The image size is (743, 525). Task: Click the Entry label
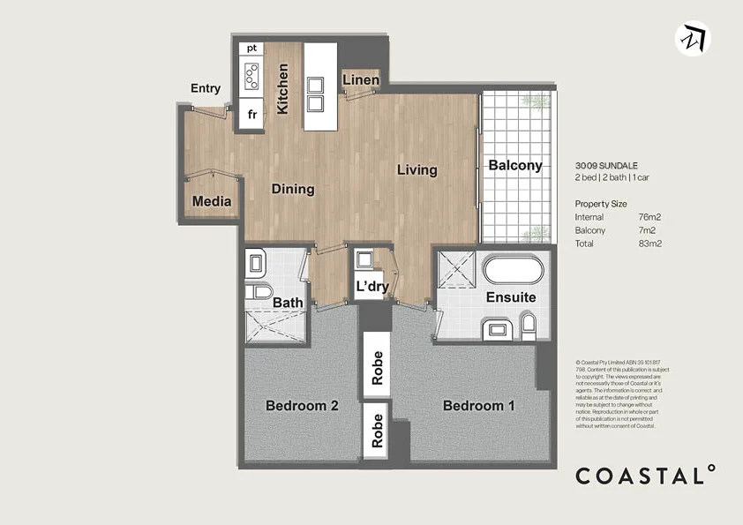tap(205, 88)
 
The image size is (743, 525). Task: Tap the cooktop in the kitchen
tap(251, 78)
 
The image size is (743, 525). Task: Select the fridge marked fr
tap(251, 115)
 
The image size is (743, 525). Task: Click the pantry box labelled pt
tap(251, 48)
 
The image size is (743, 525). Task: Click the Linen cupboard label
tap(360, 80)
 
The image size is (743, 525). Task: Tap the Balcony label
tap(514, 165)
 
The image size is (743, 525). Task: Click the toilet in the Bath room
tap(257, 293)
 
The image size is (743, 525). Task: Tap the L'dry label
tap(371, 287)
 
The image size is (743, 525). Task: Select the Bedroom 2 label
tap(303, 406)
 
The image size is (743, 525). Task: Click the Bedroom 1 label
tap(478, 406)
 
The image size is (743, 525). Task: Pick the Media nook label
tap(212, 201)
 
